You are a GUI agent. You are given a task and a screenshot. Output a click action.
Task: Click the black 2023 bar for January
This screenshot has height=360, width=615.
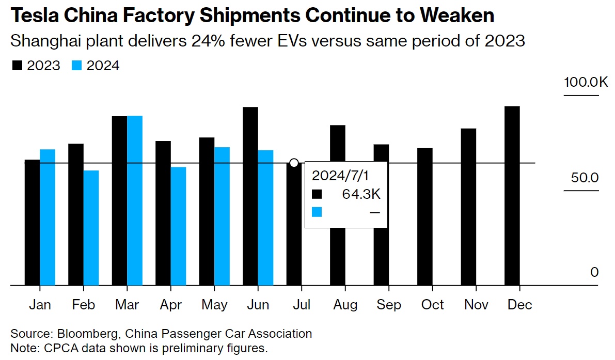32,222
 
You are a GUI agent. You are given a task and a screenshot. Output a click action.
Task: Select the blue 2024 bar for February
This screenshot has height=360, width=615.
91,227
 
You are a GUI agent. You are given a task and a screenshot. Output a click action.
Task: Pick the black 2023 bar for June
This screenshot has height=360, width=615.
250,196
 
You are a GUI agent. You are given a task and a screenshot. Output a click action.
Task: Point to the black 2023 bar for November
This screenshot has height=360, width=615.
468,207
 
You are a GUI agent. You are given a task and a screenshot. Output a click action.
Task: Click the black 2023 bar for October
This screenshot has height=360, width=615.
425,216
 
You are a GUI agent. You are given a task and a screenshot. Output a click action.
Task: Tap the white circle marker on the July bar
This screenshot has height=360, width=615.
294,163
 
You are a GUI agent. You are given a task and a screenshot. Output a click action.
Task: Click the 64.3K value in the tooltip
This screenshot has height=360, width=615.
361,194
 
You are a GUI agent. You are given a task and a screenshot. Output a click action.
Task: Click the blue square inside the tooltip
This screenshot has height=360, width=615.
317,212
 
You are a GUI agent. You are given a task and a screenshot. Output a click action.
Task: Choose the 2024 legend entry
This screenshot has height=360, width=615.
96,66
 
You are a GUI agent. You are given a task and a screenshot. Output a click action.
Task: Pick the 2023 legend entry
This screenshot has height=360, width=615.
37,66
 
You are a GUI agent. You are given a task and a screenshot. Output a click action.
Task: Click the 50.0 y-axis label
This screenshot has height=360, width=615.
585,178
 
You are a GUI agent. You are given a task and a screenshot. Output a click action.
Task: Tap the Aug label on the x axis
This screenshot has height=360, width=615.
345,305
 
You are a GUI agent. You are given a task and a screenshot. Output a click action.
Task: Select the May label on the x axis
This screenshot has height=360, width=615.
214,305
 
